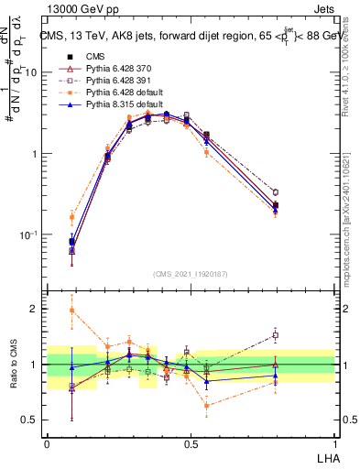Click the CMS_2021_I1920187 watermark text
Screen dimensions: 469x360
[191, 274]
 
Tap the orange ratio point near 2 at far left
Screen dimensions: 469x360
[72, 311]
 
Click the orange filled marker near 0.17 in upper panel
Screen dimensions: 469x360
[72, 217]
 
